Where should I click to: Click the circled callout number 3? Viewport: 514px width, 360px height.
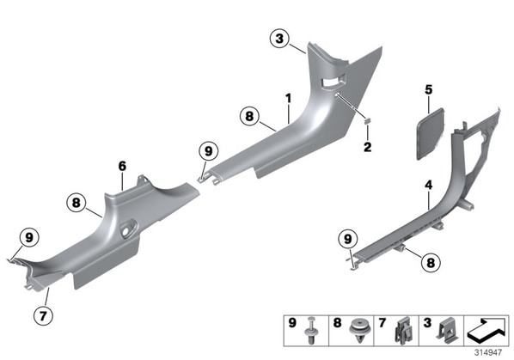tap(279, 39)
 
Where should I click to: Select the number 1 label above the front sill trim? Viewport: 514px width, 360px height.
tap(289, 98)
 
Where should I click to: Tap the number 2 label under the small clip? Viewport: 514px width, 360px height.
tap(368, 147)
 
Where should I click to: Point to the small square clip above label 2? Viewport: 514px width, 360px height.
tap(368, 121)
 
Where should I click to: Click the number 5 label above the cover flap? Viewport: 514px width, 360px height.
tap(429, 89)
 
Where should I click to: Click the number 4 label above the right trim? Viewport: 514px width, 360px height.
tap(429, 185)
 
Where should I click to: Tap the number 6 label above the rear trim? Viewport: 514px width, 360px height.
tap(122, 166)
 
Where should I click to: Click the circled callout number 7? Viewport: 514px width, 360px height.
tap(43, 316)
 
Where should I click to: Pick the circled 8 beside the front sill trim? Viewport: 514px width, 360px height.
tap(249, 116)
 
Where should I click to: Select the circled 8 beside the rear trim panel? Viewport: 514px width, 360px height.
tap(76, 203)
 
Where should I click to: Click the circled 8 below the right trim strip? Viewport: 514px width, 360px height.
tap(431, 262)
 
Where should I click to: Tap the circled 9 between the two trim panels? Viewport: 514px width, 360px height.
tap(209, 151)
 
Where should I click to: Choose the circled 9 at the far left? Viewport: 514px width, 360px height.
tap(29, 237)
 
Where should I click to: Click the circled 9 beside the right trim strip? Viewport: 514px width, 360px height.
tap(348, 239)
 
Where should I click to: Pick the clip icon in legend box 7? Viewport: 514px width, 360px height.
tap(402, 331)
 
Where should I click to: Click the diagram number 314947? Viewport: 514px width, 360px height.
tap(488, 352)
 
